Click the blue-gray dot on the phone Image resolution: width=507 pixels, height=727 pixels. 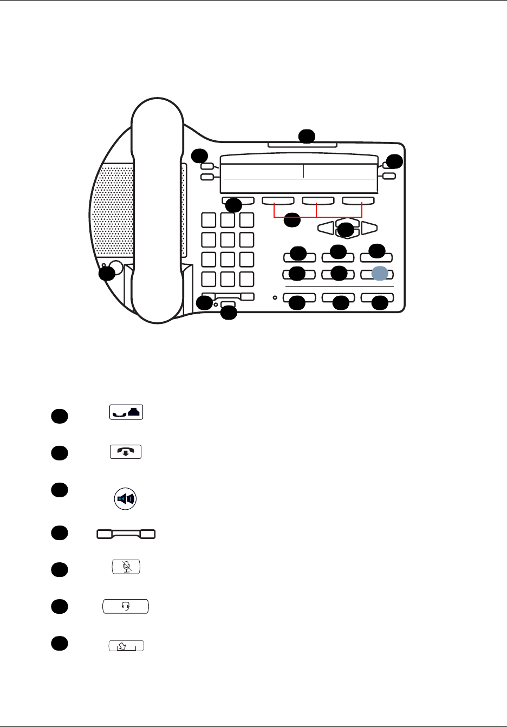point(380,274)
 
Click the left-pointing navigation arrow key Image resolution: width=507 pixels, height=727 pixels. point(326,228)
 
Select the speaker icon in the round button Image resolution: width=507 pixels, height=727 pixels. point(126,498)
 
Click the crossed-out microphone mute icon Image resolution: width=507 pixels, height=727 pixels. point(126,567)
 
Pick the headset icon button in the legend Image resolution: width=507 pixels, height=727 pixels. point(126,606)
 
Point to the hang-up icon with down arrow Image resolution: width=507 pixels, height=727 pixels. point(126,452)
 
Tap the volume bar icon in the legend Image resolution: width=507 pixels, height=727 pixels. point(126,534)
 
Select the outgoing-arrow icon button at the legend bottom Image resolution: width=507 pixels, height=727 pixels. point(126,646)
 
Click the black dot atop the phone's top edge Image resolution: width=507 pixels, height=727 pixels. point(307,135)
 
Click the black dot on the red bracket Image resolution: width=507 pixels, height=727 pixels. point(292,220)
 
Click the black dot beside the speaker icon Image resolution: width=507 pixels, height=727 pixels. point(60,489)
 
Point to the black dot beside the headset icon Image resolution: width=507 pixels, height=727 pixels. point(60,607)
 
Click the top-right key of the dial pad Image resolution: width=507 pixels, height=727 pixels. point(247,220)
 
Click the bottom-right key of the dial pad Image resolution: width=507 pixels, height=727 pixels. point(247,279)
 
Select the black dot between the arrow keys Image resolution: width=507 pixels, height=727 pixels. point(346,230)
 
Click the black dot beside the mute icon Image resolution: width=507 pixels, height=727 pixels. point(60,569)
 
